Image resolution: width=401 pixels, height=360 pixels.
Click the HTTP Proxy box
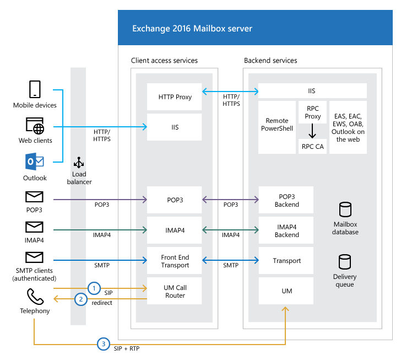pyautogui.click(x=175, y=97)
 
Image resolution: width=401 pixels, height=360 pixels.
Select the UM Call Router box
pyautogui.click(x=175, y=292)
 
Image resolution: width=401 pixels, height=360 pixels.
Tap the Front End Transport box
pyautogui.click(x=175, y=261)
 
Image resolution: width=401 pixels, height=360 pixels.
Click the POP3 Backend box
pyautogui.click(x=286, y=201)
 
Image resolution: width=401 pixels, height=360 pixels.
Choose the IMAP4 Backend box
pyautogui.click(x=286, y=231)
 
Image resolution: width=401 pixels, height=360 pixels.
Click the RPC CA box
pyautogui.click(x=312, y=147)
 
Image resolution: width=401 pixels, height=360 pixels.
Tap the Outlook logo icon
pyautogui.click(x=34, y=163)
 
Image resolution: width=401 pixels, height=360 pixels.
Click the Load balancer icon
pyautogui.click(x=79, y=163)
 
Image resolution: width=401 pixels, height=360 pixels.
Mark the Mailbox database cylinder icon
pyautogui.click(x=345, y=210)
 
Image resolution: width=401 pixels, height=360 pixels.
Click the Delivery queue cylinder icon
pyautogui.click(x=345, y=262)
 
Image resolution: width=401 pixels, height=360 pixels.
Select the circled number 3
pyautogui.click(x=102, y=344)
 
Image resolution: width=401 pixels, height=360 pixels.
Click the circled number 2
pyautogui.click(x=81, y=299)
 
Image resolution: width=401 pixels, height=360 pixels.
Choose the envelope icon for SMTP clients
pyautogui.click(x=34, y=257)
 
